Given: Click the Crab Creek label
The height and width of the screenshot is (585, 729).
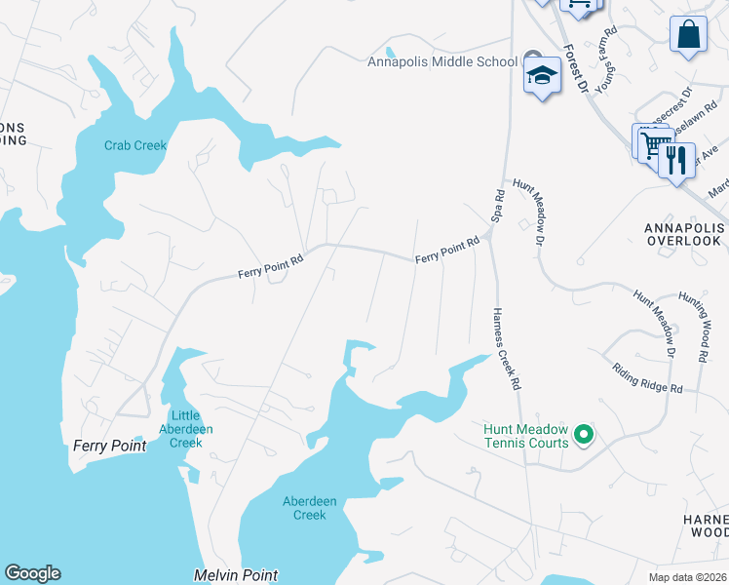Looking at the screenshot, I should click(135, 146).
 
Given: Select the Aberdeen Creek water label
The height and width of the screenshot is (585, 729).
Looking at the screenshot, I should click(309, 508).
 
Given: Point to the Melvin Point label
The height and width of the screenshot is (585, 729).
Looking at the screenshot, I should click(236, 576).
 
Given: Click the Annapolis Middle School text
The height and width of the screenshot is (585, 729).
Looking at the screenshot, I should click(442, 62).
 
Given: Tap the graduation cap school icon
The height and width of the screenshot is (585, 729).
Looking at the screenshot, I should click(541, 76).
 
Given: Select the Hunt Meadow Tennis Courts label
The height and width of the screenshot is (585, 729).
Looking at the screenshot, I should click(526, 436).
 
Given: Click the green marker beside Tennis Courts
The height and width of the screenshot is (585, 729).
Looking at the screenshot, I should click(584, 434).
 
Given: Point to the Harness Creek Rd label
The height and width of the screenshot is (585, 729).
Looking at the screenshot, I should click(505, 348).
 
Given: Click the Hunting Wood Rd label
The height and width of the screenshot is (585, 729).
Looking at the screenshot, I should click(704, 329).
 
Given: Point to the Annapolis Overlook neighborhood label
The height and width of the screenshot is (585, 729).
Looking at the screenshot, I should click(683, 234).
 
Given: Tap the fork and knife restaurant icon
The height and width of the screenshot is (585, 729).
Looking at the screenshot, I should click(675, 159).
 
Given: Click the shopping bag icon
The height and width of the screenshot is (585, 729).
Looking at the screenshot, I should click(688, 35).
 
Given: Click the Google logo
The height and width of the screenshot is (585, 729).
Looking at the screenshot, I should click(32, 573).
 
